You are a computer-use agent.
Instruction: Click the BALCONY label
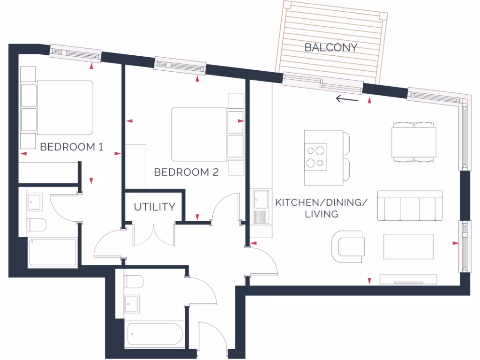(x=330, y=47)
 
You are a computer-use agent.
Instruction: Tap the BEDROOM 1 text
(x=71, y=147)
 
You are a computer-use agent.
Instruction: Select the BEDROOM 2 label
(x=186, y=172)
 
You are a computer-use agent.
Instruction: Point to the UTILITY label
(x=155, y=207)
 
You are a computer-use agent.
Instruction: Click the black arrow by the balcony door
(x=347, y=99)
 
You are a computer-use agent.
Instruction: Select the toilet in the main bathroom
(x=134, y=282)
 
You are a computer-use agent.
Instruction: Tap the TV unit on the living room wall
(x=408, y=280)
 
